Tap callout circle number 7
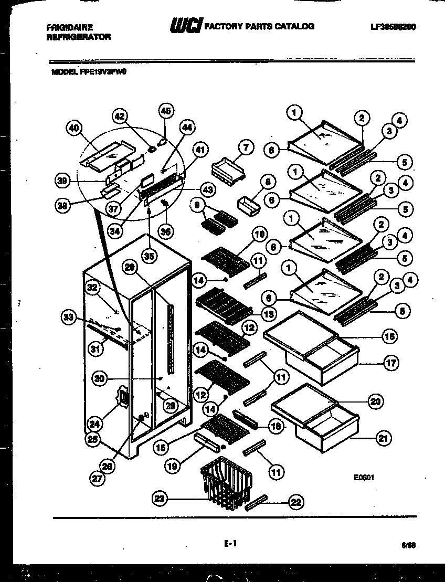point(245,149)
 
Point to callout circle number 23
point(161,499)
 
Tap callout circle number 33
point(68,318)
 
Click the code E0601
point(364,478)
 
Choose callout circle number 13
point(269,314)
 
